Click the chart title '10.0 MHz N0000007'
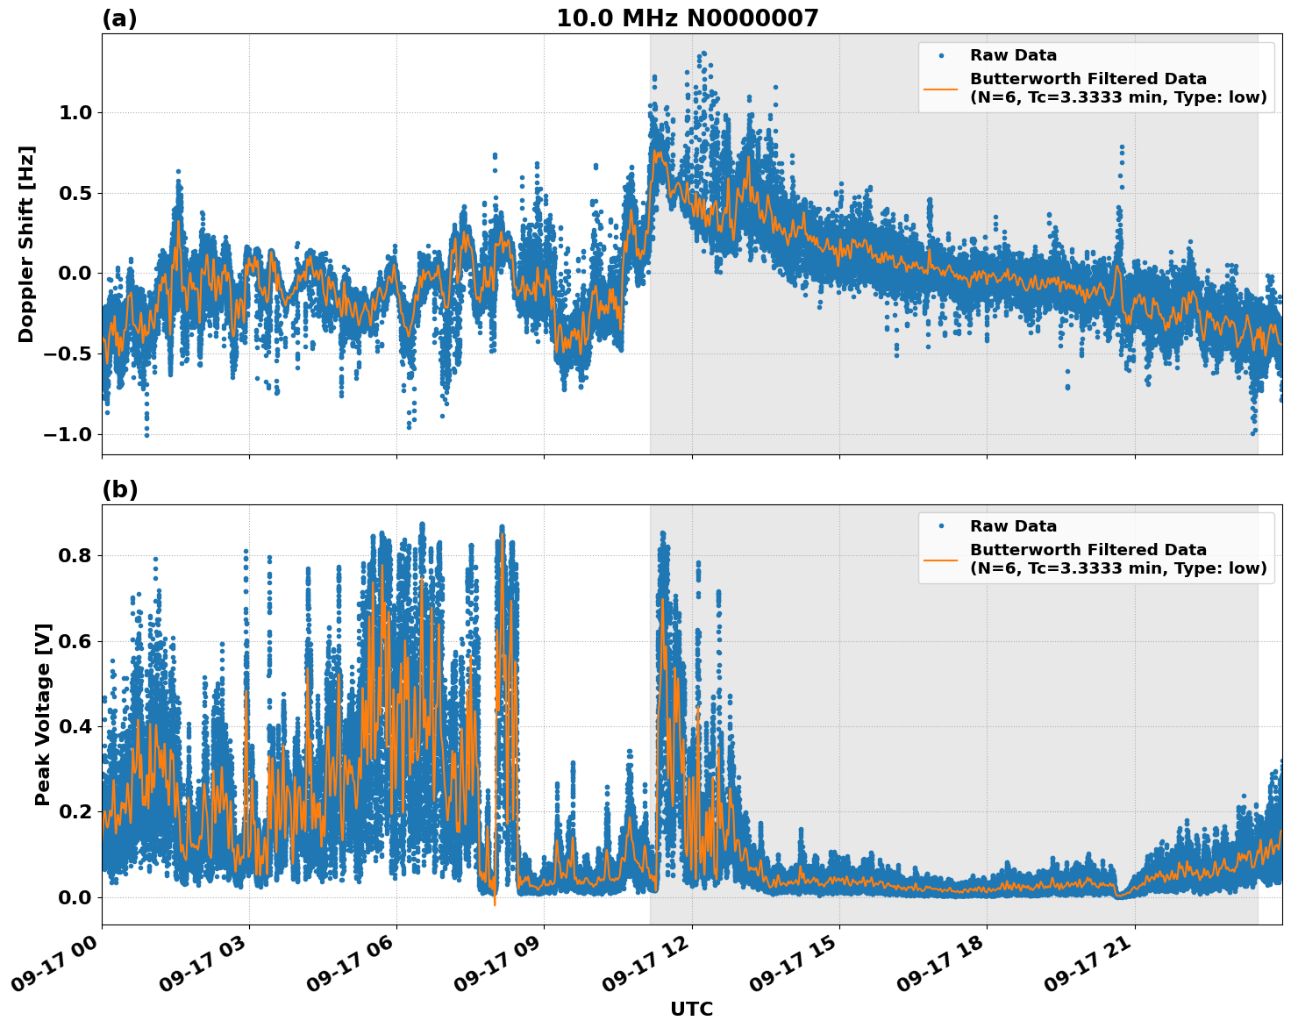(x=687, y=18)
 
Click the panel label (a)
(x=119, y=18)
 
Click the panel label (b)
(x=119, y=489)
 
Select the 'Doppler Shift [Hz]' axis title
(x=26, y=244)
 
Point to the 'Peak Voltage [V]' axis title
(x=43, y=714)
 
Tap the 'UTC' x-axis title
(x=691, y=1009)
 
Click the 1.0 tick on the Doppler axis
(x=78, y=112)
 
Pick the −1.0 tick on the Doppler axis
(x=72, y=435)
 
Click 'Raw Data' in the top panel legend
(x=1013, y=55)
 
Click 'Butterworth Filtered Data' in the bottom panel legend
(x=1088, y=550)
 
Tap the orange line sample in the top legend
(x=940, y=88)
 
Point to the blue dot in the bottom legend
(x=941, y=526)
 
